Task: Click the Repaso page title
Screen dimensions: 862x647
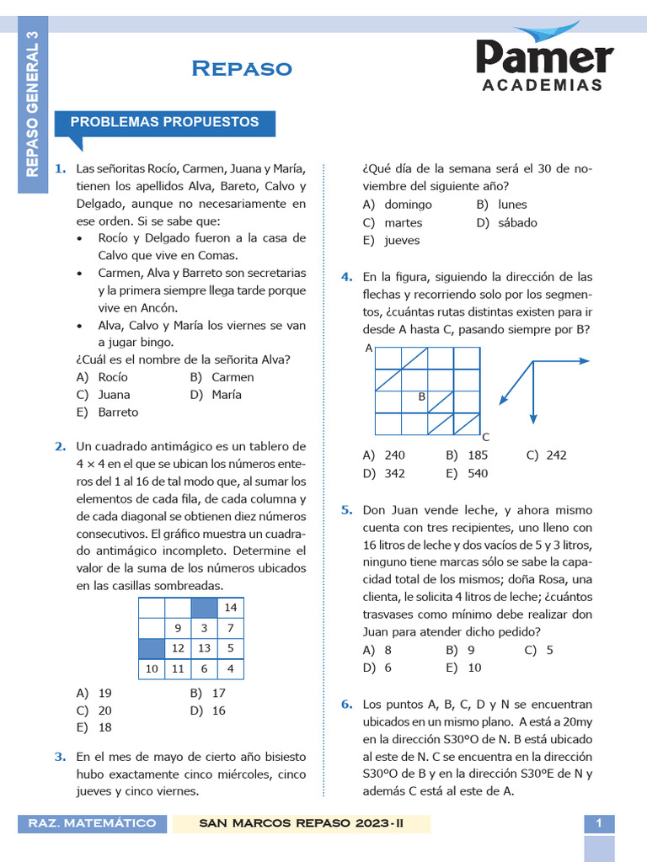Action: click(x=242, y=68)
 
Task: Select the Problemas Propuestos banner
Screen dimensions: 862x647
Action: click(x=164, y=122)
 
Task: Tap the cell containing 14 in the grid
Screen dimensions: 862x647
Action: click(x=230, y=608)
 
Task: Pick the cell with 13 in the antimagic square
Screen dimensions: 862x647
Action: click(x=204, y=648)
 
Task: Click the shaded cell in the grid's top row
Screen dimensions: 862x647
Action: click(x=204, y=608)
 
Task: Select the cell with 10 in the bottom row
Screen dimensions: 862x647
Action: click(x=152, y=668)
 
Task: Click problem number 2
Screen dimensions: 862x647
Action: click(x=61, y=446)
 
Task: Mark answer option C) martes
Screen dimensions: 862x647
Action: click(x=393, y=222)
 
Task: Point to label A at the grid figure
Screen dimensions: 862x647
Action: click(x=369, y=349)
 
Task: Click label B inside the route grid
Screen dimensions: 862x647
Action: click(x=421, y=396)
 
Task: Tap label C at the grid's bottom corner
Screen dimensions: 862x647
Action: click(x=485, y=437)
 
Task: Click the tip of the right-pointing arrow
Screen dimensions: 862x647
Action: click(x=587, y=360)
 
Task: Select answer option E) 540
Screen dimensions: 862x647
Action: click(x=467, y=473)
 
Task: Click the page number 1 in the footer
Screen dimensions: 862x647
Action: click(x=599, y=823)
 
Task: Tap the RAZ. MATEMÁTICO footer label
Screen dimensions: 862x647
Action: click(x=93, y=823)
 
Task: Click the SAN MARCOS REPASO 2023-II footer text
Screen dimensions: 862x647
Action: click(x=301, y=823)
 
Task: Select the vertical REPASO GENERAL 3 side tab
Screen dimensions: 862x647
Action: click(x=33, y=105)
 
